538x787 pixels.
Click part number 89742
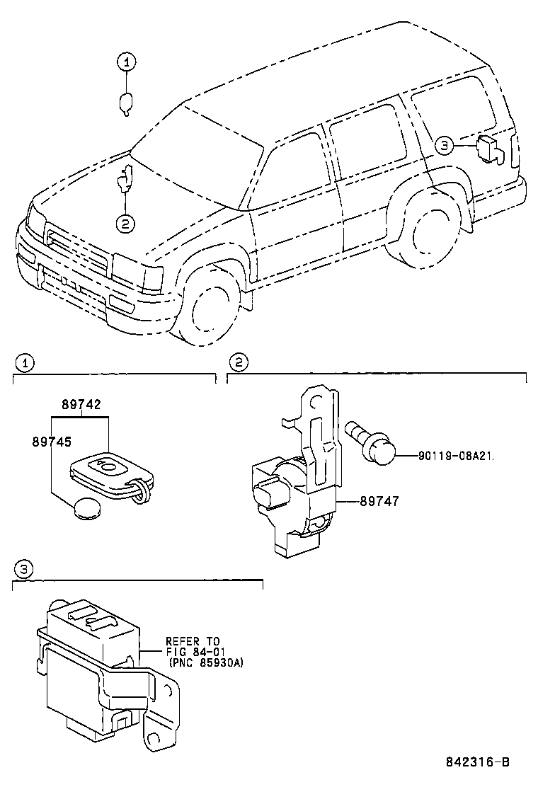(x=81, y=406)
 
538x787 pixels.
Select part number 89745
(x=51, y=440)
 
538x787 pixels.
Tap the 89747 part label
(x=379, y=501)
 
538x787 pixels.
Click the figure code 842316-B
(x=477, y=762)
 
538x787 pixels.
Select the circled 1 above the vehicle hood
(x=125, y=62)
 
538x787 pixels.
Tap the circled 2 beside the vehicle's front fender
(x=125, y=224)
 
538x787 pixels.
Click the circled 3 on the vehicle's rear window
(x=443, y=146)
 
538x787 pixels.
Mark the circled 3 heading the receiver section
(x=24, y=569)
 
